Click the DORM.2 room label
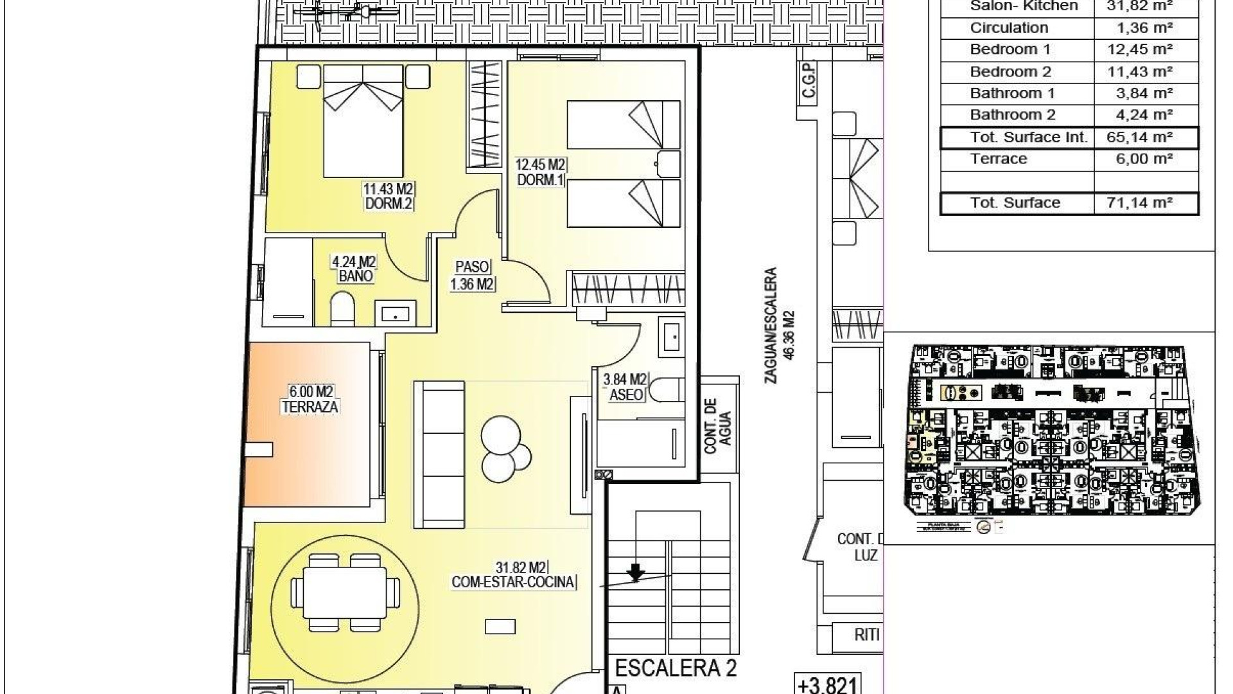pos(389,204)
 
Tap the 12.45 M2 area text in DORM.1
pos(539,165)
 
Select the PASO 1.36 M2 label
pos(472,275)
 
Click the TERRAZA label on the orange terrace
pos(310,407)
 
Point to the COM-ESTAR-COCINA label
pos(513,582)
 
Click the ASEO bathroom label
pos(625,394)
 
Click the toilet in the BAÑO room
pos(342,310)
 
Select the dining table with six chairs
pos(345,592)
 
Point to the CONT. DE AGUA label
pos(717,425)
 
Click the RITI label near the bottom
pos(866,635)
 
